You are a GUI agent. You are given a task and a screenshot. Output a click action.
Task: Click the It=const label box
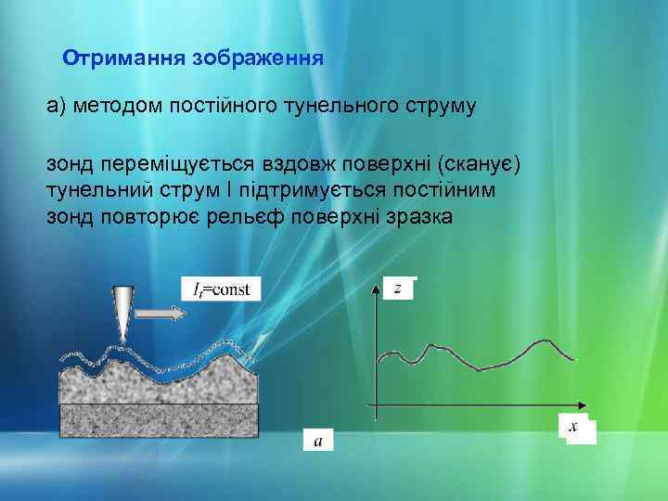click(221, 289)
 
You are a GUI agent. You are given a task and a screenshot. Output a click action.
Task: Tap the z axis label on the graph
click(398, 289)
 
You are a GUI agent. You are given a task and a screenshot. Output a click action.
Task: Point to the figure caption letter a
click(318, 442)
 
